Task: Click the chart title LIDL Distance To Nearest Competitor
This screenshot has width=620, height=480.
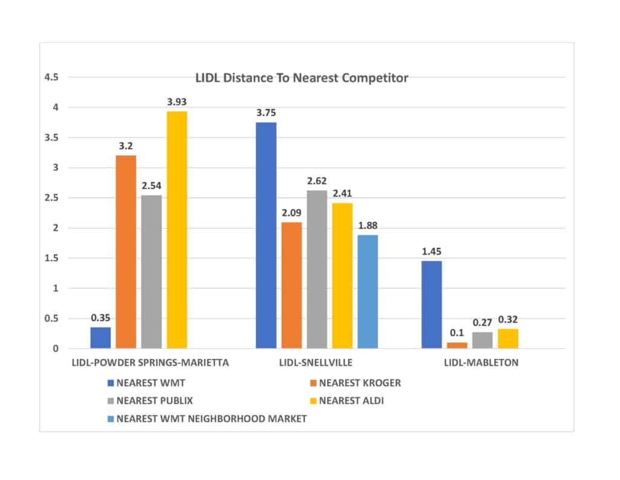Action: click(x=302, y=78)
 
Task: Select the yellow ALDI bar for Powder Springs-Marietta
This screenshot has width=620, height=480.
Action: click(x=177, y=230)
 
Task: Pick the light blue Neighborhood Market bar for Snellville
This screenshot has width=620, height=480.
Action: click(x=368, y=292)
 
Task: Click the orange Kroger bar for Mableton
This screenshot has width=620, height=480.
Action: click(x=457, y=345)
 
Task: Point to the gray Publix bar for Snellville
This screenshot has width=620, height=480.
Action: click(x=317, y=270)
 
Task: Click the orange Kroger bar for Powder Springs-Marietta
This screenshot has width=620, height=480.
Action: click(x=126, y=252)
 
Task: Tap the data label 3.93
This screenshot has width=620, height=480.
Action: click(x=177, y=101)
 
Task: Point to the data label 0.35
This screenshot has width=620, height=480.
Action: click(x=101, y=317)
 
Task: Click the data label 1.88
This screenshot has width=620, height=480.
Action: click(x=368, y=225)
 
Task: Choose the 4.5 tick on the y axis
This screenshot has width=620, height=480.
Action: click(x=52, y=78)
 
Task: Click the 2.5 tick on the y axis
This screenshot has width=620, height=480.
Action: click(x=52, y=198)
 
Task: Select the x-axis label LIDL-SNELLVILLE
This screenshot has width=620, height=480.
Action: click(x=317, y=364)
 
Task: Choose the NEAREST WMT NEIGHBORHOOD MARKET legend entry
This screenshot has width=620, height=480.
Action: click(x=211, y=418)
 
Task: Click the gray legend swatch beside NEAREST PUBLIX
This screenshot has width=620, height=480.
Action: click(x=110, y=401)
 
